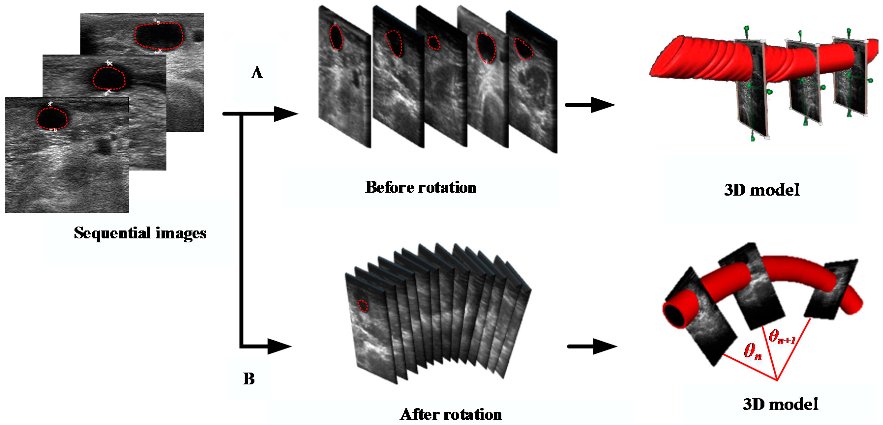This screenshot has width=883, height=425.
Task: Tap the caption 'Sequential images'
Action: pos(140,233)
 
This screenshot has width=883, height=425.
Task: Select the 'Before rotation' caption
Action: pos(421,187)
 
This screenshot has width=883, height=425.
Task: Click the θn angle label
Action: pos(753,351)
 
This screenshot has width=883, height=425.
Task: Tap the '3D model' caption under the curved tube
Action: pos(780,404)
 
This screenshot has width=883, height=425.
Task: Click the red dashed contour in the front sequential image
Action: pos(52,118)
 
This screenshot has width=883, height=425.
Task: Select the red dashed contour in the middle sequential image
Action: pos(109,78)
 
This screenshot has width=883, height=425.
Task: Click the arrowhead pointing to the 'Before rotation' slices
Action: pos(286,114)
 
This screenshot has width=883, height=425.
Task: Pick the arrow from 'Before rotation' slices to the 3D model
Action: pos(589,105)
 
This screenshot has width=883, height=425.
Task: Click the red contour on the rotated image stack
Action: pos(362,305)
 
